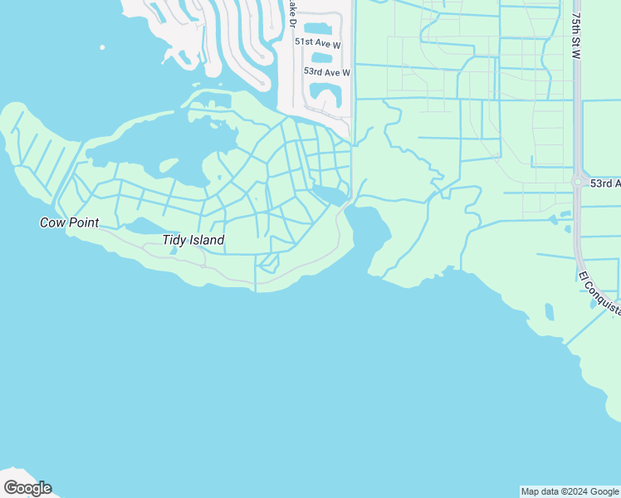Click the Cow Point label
tap(70, 222)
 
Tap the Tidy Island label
tap(193, 241)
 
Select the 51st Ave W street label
tap(317, 42)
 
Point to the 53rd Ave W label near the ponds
tap(327, 72)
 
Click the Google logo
tap(27, 488)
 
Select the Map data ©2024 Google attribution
tap(570, 491)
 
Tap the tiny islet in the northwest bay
tap(102, 47)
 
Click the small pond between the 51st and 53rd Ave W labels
tap(320, 58)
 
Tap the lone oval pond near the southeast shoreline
tap(549, 312)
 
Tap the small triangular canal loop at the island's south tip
tap(267, 263)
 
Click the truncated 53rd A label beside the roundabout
tap(605, 183)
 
